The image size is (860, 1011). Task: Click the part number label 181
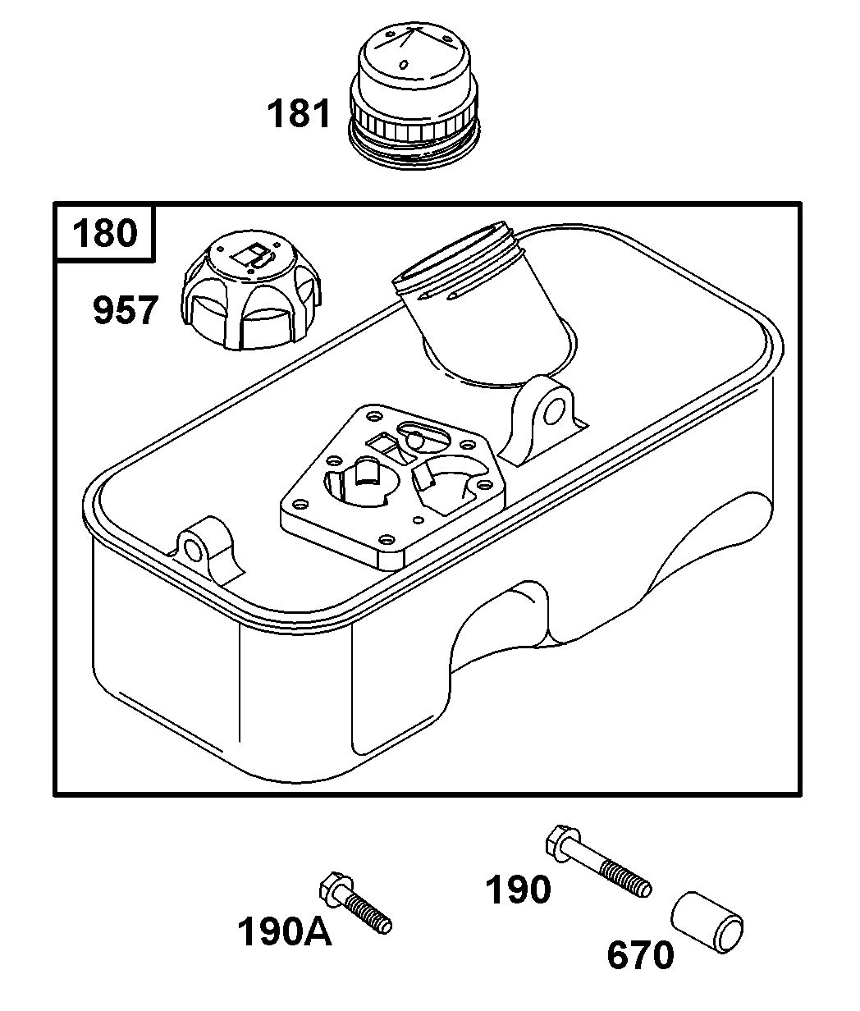(300, 114)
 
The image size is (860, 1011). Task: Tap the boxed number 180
(104, 233)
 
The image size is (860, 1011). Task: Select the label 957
(125, 312)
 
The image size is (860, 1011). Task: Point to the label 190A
(285, 931)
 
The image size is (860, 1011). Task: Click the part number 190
(518, 889)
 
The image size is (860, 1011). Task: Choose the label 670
(641, 955)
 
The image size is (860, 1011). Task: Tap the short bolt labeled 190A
(355, 903)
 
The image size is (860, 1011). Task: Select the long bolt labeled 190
(597, 862)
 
